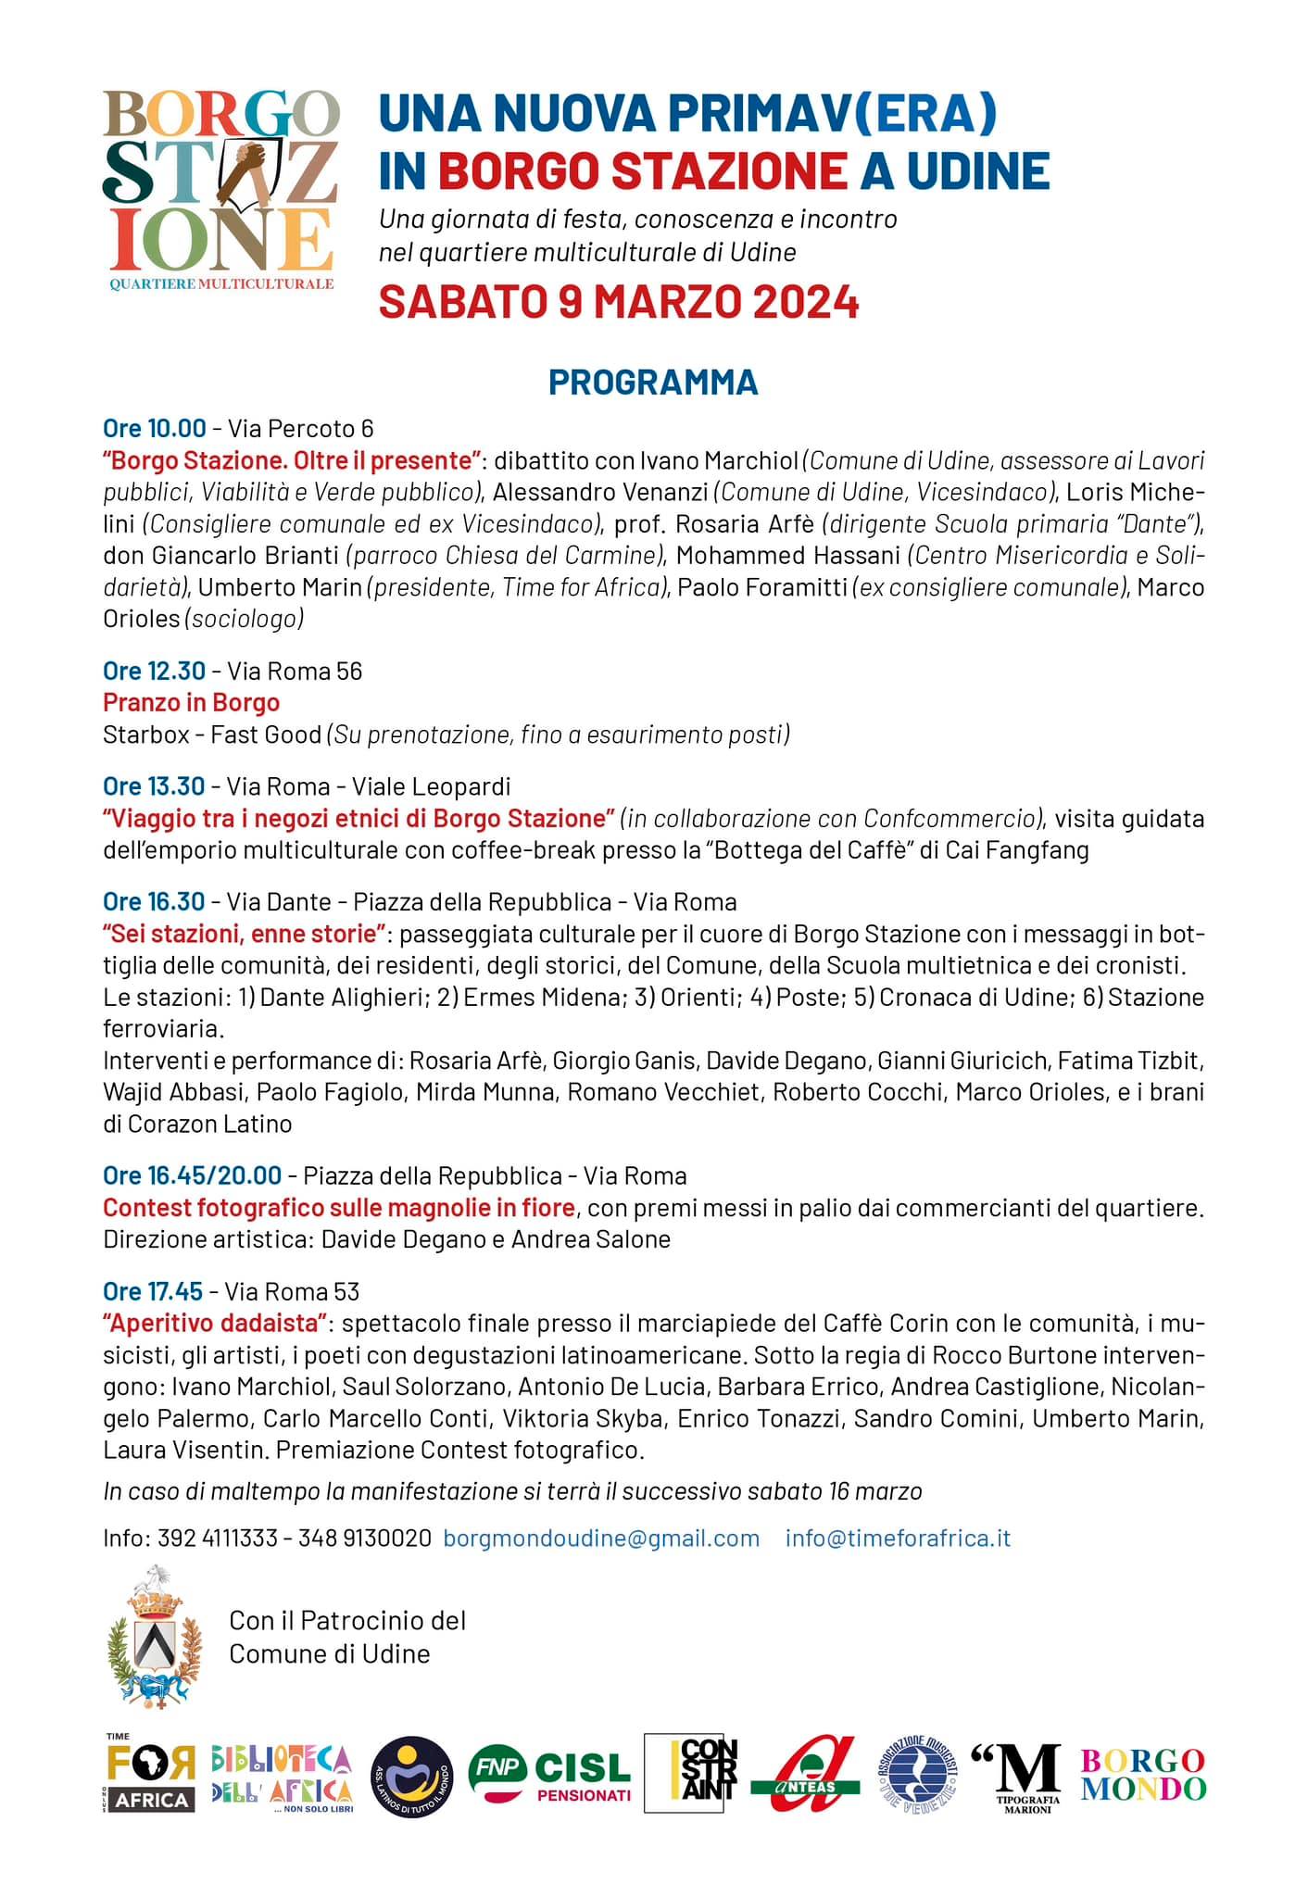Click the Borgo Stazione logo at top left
click(x=220, y=190)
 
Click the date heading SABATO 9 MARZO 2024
click(x=619, y=302)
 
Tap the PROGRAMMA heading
click(x=653, y=382)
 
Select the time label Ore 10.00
click(x=155, y=428)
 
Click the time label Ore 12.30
click(x=155, y=671)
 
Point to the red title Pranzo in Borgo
click(x=191, y=702)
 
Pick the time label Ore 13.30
click(x=155, y=786)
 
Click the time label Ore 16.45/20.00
click(x=192, y=1175)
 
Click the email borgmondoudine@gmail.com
click(x=601, y=1538)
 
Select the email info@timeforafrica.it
click(x=898, y=1538)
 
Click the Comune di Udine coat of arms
click(x=154, y=1637)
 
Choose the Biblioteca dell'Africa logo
click(x=282, y=1776)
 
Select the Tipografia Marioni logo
click(x=1016, y=1776)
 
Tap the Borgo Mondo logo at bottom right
click(x=1143, y=1774)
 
